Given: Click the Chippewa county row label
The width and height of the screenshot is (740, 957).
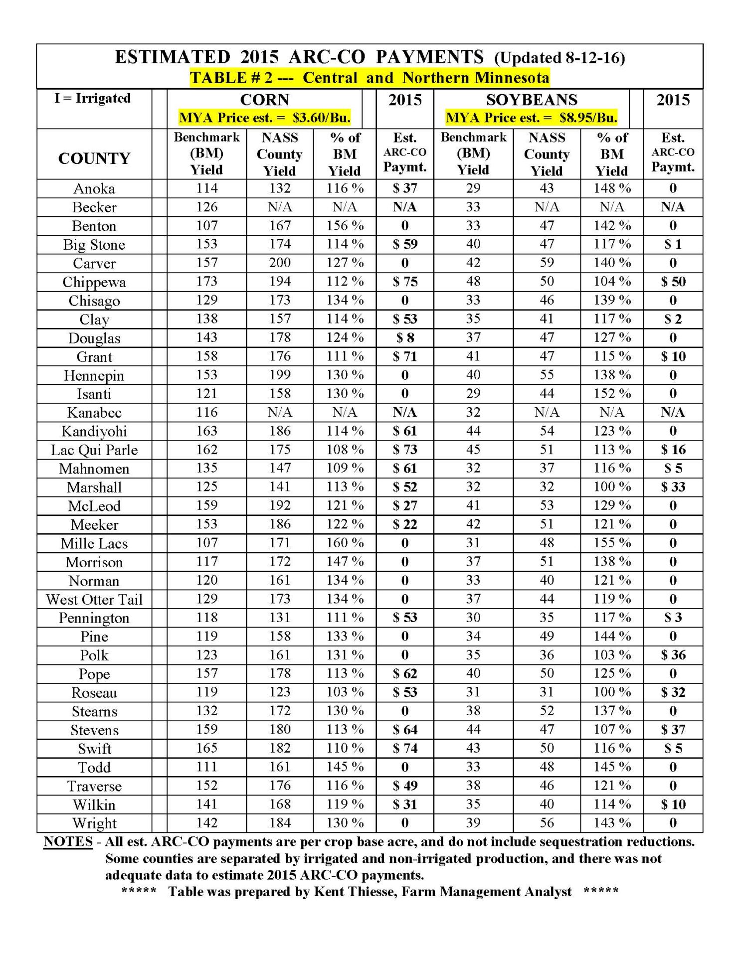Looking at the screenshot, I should coord(94,282).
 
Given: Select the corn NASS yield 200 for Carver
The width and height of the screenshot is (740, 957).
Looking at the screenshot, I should coord(280,263).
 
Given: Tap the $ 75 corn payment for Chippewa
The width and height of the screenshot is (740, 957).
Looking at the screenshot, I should coord(404,282).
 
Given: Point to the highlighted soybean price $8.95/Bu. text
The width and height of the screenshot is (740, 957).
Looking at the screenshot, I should coord(588,118).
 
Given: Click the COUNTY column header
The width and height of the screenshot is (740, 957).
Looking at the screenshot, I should coord(94,159).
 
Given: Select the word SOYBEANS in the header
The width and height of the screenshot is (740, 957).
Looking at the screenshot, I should coord(532,100).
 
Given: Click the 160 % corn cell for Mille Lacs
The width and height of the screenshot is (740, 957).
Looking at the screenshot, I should coord(345,543).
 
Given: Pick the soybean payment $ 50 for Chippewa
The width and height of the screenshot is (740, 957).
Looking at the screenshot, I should coord(673,282).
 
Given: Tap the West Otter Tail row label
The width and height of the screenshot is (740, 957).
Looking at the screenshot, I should coord(94,600).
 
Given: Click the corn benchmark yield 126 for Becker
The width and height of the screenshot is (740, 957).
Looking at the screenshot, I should coord(206,207).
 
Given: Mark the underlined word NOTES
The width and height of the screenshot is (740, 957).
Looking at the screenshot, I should coord(68,841).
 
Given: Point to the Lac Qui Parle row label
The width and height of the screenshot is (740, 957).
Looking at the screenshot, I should coord(94,450).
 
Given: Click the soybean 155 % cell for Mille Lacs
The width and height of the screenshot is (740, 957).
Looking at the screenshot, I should coord(611,543).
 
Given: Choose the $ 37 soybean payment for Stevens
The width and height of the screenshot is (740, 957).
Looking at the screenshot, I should coord(673,730).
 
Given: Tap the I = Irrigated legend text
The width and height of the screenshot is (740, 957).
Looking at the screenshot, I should coord(93,98).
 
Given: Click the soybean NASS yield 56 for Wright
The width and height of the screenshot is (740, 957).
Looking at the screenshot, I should coord(547,823).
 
